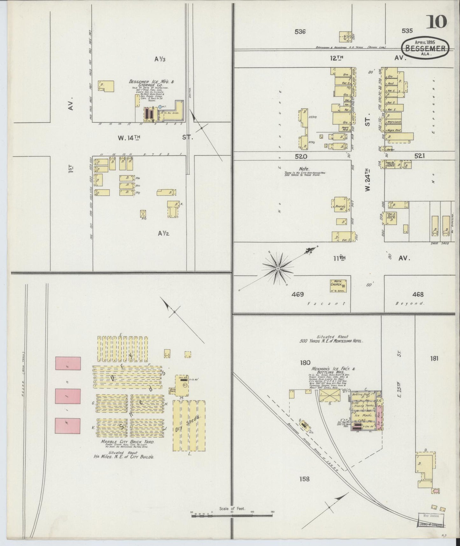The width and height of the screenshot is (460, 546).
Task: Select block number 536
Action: click(300, 32)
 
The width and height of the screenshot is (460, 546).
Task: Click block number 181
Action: click(434, 358)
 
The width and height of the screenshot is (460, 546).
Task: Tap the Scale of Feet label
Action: click(232, 508)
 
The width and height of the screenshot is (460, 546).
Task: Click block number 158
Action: click(304, 479)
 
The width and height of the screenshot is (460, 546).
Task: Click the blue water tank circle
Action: click(160, 107)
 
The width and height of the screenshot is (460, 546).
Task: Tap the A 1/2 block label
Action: click(164, 233)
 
